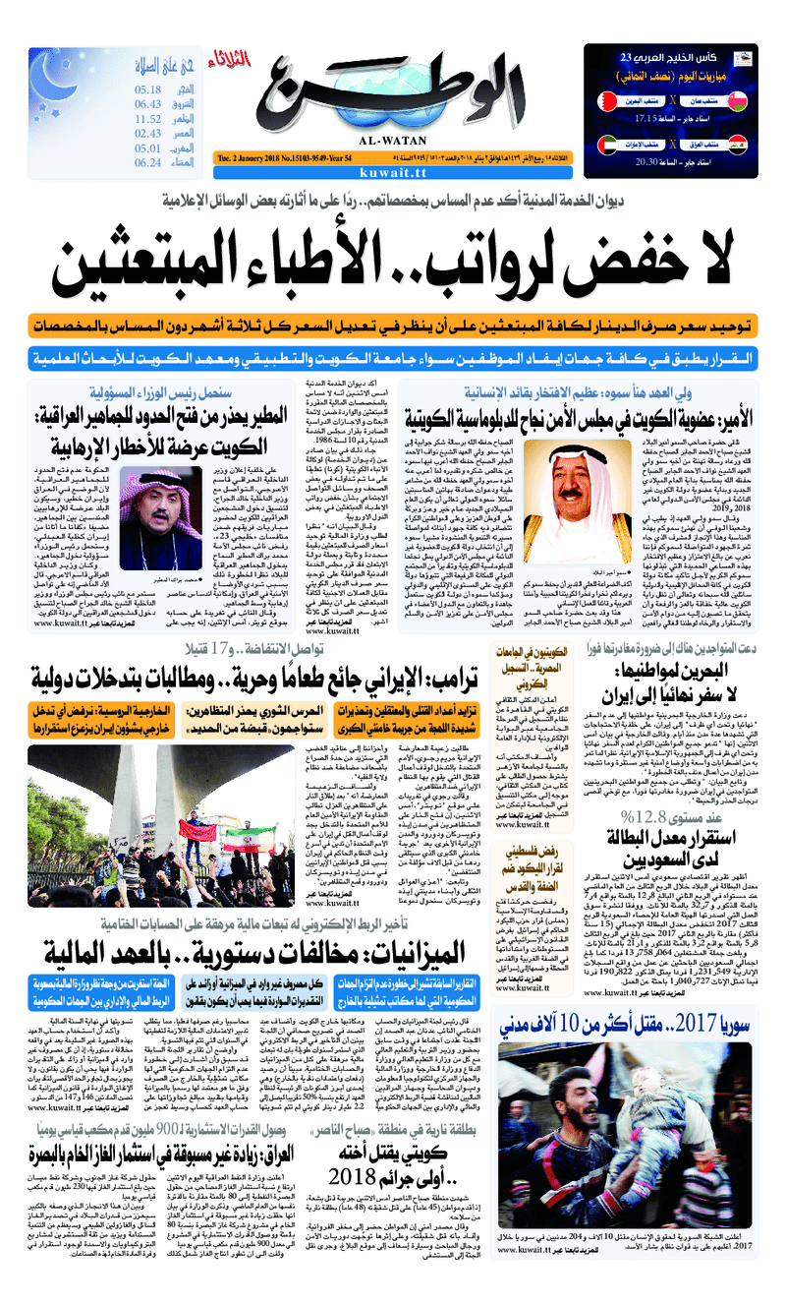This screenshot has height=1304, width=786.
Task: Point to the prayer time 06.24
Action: pyautogui.click(x=147, y=163)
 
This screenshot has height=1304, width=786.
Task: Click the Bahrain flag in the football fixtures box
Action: pyautogui.click(x=606, y=101)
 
